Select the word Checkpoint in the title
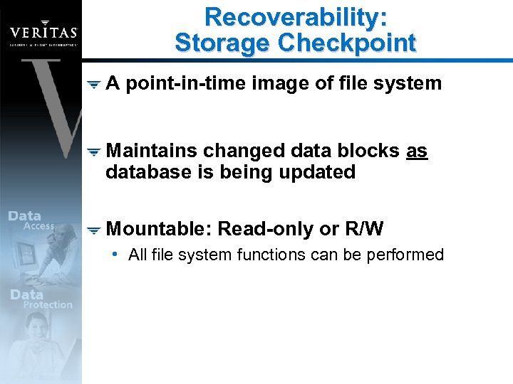(346, 43)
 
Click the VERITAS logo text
(43, 33)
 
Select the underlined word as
(416, 151)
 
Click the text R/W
(364, 229)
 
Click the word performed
(405, 255)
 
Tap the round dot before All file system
(115, 254)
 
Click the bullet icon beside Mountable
(93, 230)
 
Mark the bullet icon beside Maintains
(93, 152)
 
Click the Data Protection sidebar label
(41, 299)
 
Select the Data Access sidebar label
(31, 220)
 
